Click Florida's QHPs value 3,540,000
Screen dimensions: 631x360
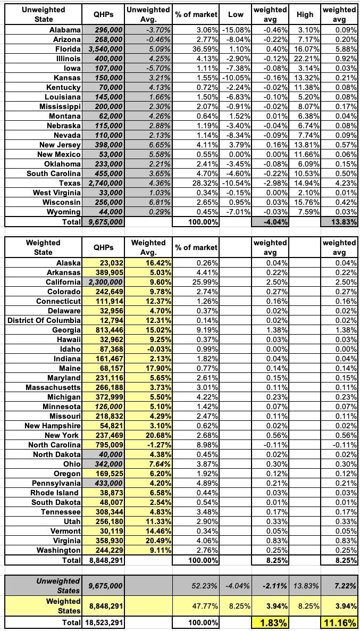point(104,49)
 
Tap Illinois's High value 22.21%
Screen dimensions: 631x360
point(308,59)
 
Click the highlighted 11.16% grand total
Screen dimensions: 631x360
point(340,622)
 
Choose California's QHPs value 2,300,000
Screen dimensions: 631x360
point(104,282)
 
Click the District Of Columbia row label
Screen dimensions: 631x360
point(45,320)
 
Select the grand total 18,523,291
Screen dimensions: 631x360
point(104,622)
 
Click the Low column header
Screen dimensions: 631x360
point(235,15)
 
